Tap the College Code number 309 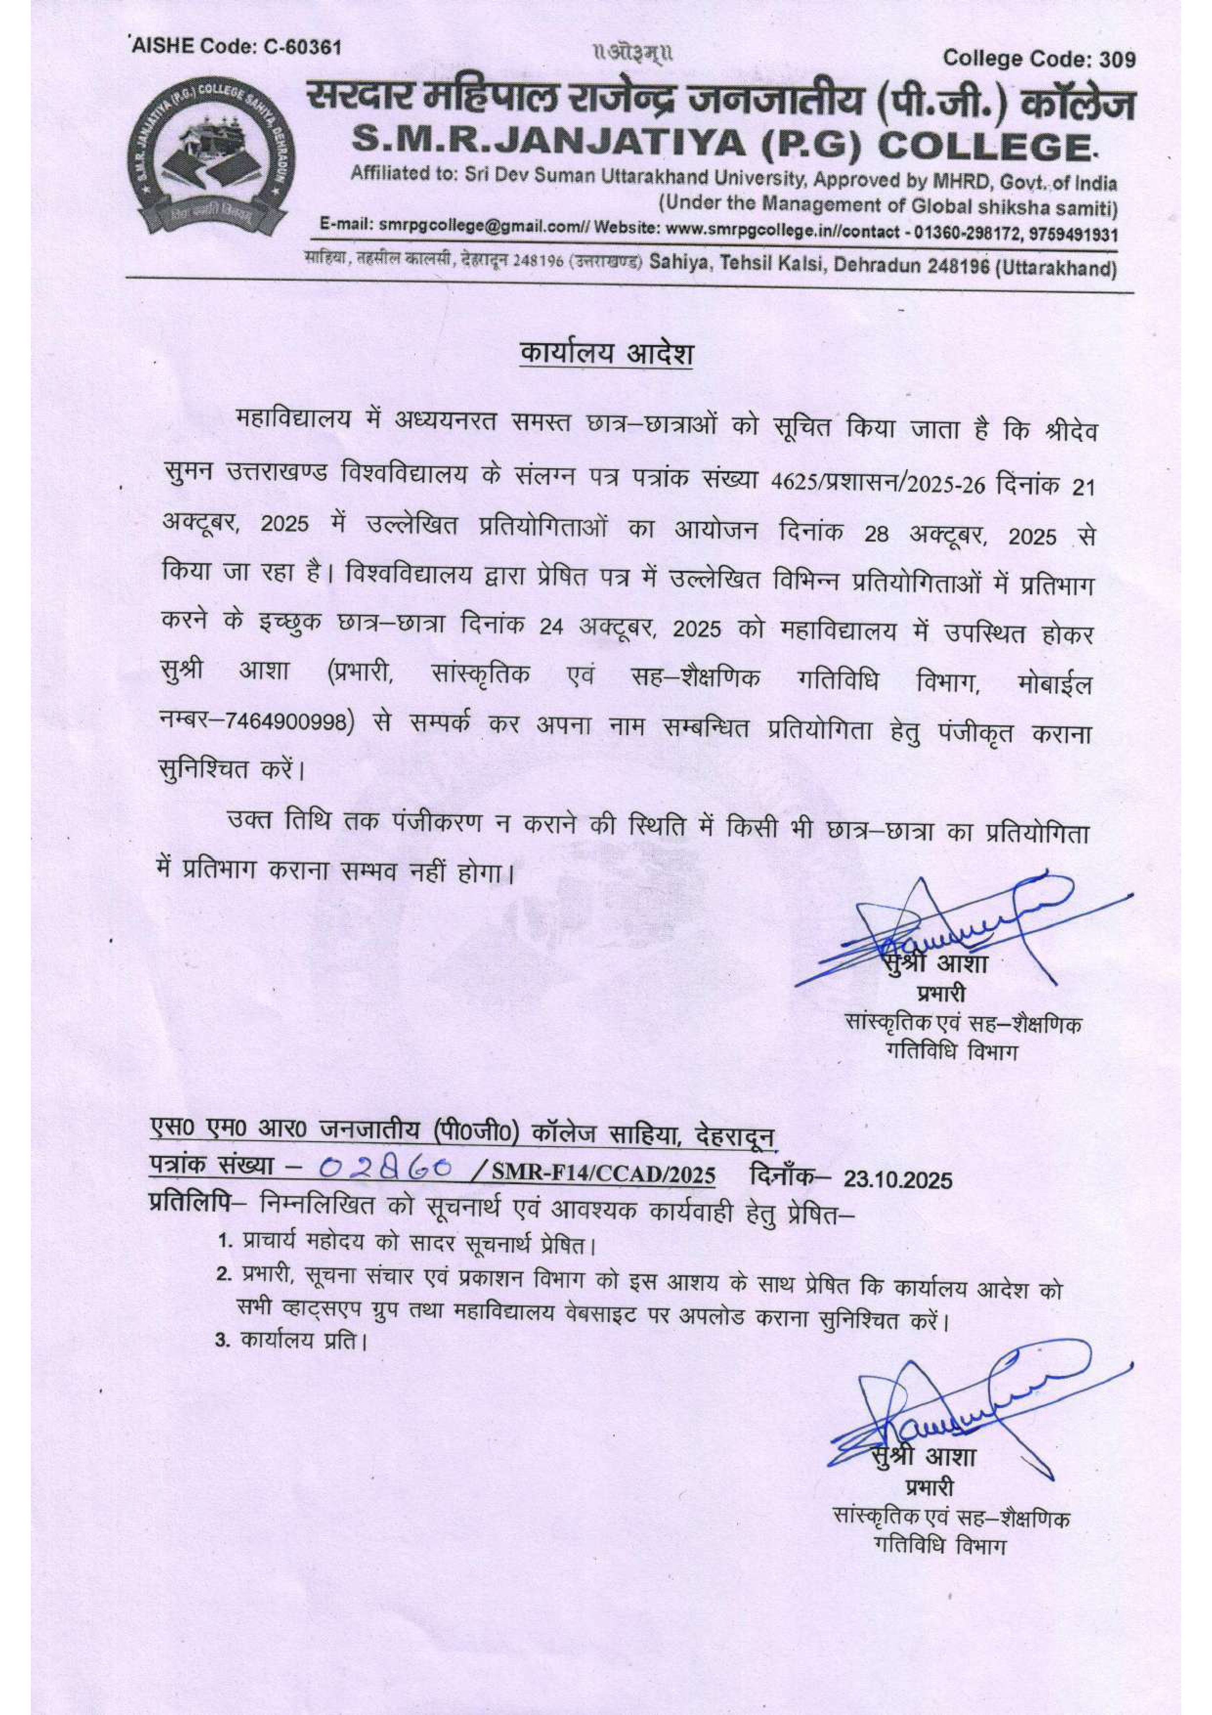pyautogui.click(x=1118, y=59)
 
